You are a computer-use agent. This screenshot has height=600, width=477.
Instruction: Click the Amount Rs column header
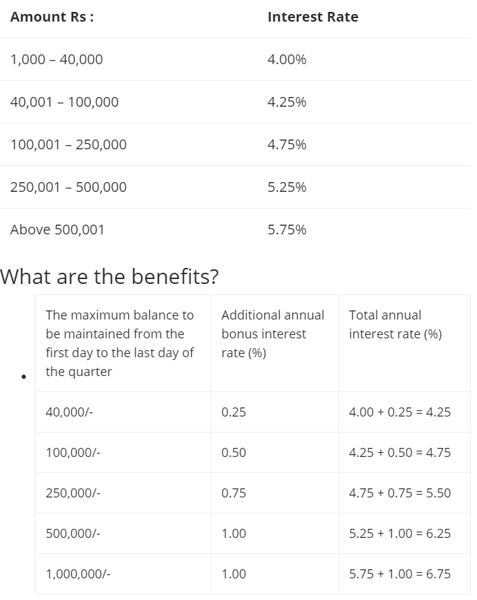pos(52,17)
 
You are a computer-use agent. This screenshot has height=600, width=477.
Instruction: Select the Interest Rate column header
pos(313,17)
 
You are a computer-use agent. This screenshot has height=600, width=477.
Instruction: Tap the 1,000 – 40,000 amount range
pos(56,60)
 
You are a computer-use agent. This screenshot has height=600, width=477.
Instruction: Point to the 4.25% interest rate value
pos(287,102)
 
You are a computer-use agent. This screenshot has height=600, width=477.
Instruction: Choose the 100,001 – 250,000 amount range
pos(68,144)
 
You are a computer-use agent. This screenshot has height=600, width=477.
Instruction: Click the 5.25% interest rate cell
pos(287,187)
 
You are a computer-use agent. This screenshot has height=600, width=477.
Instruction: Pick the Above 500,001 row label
pos(57,230)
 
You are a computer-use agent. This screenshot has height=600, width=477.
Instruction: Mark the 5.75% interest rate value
pos(287,230)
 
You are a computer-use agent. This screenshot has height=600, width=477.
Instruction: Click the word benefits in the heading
pos(175,276)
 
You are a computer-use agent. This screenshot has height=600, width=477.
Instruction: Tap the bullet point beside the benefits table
pos(24,377)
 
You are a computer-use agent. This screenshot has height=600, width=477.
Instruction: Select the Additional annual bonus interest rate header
pos(273,333)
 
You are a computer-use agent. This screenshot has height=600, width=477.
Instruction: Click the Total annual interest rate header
pos(395,324)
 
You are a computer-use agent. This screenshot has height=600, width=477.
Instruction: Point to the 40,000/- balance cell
pos(69,412)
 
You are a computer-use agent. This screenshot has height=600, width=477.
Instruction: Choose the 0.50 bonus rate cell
pos(234,453)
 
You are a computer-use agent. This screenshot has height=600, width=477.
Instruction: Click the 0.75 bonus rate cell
pos(234,493)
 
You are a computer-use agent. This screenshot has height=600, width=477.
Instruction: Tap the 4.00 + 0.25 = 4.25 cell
pos(400,412)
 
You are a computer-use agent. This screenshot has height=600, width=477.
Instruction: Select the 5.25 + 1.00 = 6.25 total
pos(400,534)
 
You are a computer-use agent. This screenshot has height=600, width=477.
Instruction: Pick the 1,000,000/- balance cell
pos(78,574)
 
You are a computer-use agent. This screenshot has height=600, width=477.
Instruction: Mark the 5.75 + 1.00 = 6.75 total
pos(400,574)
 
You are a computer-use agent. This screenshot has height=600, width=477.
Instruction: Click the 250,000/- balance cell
pos(73,493)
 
